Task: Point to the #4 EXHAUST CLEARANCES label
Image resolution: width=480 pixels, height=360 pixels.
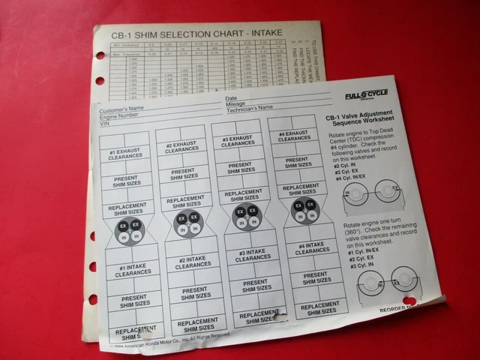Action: coord(292,136)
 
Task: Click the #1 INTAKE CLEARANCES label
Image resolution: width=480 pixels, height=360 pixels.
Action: coord(133,271)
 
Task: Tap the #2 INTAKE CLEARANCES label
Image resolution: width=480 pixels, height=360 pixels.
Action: coord(193,262)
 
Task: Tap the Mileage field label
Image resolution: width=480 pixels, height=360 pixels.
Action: coord(236,103)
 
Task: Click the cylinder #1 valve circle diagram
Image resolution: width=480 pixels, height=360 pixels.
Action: coord(129,231)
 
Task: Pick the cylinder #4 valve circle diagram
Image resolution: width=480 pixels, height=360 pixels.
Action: coord(304,211)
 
